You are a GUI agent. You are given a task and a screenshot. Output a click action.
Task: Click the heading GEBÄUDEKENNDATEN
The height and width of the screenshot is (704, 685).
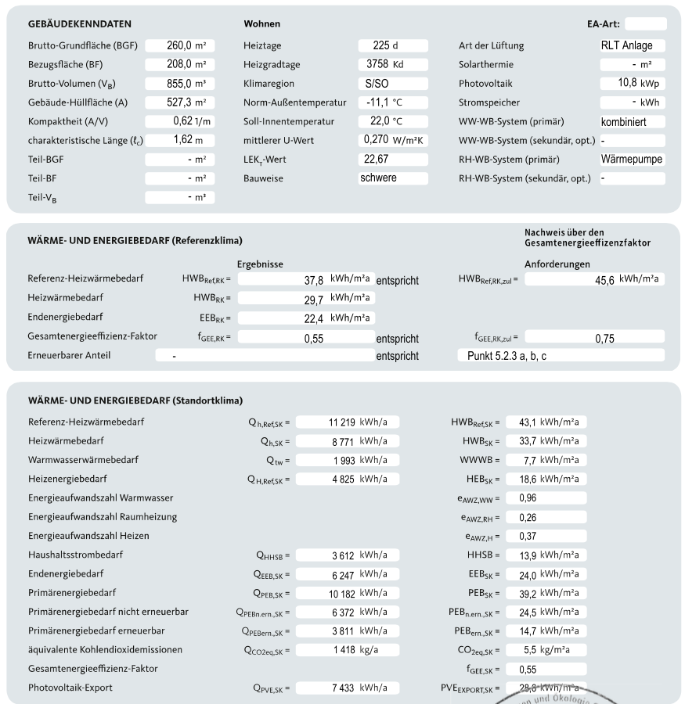coord(79,24)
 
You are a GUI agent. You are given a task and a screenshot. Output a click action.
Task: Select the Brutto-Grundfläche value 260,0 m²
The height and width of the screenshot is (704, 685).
coord(180,45)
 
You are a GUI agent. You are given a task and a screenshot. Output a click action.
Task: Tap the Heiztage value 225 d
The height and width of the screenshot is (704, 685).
coord(393,45)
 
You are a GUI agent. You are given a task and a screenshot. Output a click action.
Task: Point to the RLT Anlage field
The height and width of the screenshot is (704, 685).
coord(633,45)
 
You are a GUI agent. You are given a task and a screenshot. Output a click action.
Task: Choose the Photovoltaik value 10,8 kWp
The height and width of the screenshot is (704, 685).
coord(633,83)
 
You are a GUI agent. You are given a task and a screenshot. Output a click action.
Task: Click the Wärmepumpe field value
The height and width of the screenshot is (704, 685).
coord(633,160)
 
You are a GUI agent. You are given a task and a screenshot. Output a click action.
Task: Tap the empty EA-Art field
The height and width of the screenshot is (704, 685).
coord(646,24)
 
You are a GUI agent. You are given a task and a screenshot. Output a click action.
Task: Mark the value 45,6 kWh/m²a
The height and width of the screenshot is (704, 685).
coord(594,279)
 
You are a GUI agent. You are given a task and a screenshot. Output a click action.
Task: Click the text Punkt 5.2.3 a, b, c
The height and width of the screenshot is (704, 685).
coord(561,355)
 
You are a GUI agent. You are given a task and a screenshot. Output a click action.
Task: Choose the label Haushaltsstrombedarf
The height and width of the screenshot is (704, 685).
coord(76,555)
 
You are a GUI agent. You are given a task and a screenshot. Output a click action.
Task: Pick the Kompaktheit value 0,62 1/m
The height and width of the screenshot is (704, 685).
coord(180,121)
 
